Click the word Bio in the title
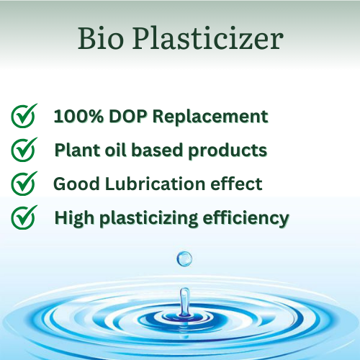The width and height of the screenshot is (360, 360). (x=101, y=38)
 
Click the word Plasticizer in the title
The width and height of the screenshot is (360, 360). (x=208, y=38)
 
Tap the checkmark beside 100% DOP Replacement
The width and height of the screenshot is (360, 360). (x=24, y=116)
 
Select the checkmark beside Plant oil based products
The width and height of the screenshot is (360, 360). (x=24, y=150)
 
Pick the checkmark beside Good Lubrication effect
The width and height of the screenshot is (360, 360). (x=24, y=184)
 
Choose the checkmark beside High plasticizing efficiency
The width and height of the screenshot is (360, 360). (x=24, y=217)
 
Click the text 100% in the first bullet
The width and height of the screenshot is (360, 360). (x=78, y=116)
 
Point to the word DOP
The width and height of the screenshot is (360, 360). (x=127, y=116)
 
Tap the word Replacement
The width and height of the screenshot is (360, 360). (x=210, y=117)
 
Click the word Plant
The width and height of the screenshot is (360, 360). (x=77, y=150)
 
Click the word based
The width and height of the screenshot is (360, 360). (x=158, y=150)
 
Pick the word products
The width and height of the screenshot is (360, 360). (x=228, y=150)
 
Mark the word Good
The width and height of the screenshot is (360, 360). (x=76, y=184)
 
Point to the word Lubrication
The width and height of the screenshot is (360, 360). (x=155, y=184)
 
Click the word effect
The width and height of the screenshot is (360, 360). (x=236, y=184)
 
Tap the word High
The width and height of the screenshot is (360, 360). (x=74, y=218)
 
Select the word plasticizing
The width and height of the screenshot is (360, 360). (x=149, y=218)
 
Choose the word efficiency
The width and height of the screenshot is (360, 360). (x=246, y=218)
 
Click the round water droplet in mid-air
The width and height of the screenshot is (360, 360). (x=184, y=258)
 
